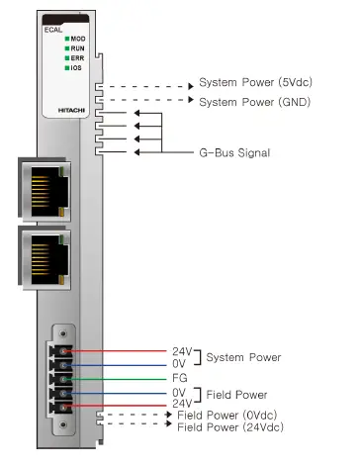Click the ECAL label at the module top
coord(53,30)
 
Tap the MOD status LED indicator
coord(67,39)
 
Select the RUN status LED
coord(67,48)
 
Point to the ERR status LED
coord(67,58)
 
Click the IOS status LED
coord(67,68)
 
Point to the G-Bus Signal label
coord(236,152)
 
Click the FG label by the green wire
coord(178,377)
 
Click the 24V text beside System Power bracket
coord(180,351)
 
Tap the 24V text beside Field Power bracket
coord(180,403)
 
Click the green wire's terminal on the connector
coord(64,377)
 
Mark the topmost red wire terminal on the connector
coord(64,351)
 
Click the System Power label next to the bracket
coord(243,357)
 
